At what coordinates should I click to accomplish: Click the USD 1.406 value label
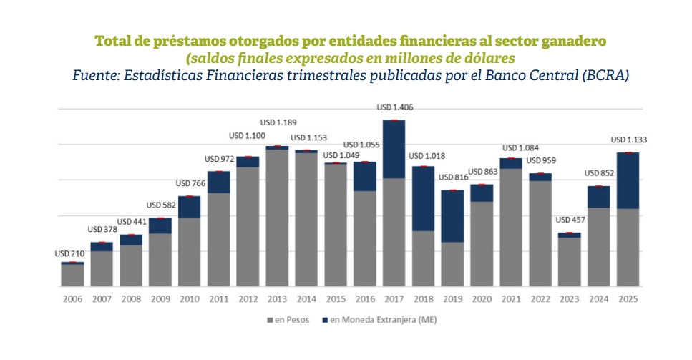pos(395,107)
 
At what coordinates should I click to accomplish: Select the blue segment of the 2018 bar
pos(424,198)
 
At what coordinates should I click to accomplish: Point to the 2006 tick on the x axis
pos(72,298)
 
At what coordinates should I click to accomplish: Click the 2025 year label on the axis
pos(628,298)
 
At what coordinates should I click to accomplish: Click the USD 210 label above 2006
pos(71,253)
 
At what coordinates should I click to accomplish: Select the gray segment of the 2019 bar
pos(452,264)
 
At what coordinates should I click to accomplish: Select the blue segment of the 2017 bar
pos(394,149)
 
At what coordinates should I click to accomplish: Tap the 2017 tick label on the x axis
pos(394,298)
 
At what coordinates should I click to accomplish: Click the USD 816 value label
pos(454,177)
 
